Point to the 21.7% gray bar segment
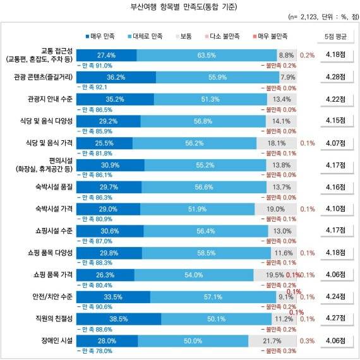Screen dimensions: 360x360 275,341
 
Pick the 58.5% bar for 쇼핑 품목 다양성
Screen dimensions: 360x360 203,253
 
